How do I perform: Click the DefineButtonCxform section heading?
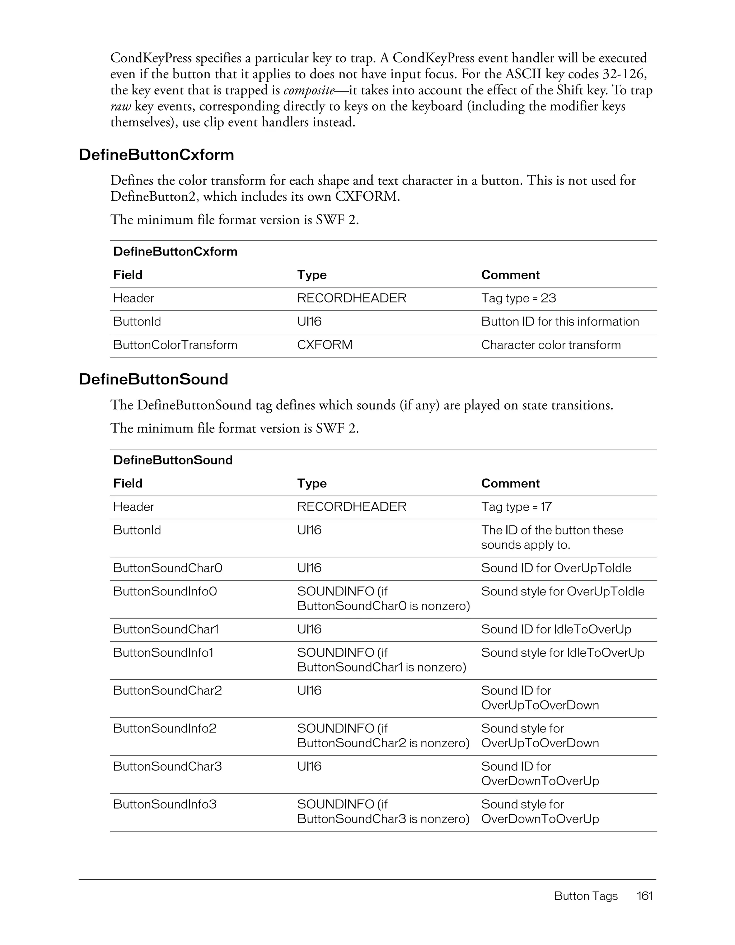[156, 155]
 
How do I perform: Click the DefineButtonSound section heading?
[153, 379]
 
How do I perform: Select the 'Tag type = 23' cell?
[518, 299]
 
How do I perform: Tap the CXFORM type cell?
[324, 345]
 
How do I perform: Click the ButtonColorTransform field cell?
[175, 345]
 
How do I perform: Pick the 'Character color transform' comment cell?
[551, 345]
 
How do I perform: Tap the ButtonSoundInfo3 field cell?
[164, 805]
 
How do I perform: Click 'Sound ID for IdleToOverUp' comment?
[556, 630]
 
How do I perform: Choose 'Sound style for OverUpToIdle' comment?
[562, 592]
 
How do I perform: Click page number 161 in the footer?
[645, 896]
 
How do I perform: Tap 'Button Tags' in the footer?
[585, 896]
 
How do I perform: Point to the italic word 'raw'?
[120, 107]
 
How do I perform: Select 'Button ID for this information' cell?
[560, 322]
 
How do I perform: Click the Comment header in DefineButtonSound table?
[510, 484]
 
